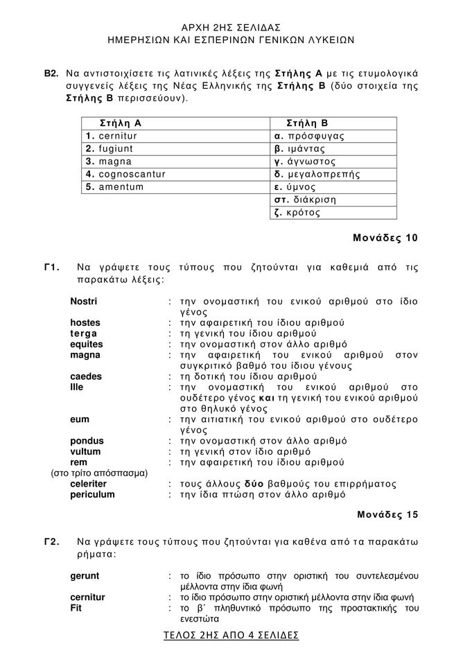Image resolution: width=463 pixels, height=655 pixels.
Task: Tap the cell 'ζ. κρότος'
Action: point(298,212)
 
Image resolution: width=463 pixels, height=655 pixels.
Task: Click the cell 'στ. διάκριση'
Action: point(306,200)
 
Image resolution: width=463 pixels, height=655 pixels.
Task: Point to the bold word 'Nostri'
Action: point(84,302)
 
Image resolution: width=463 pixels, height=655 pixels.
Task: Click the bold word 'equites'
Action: point(86,344)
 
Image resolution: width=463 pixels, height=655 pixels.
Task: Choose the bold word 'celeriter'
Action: point(89,484)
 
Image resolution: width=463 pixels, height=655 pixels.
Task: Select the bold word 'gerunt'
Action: point(85,576)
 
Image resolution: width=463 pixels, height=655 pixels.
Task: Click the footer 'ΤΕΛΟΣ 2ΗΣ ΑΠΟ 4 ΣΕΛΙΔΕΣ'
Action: point(232,635)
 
